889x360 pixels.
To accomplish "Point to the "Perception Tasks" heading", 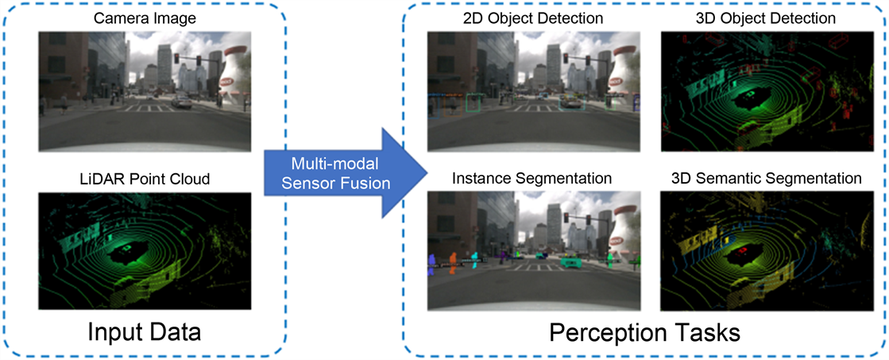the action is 645,331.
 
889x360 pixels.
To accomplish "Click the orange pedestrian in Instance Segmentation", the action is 453,261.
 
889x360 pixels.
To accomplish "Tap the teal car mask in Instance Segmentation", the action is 570,261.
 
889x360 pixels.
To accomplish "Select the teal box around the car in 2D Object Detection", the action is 570,104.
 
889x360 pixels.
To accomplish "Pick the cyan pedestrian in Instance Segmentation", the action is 474,258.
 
